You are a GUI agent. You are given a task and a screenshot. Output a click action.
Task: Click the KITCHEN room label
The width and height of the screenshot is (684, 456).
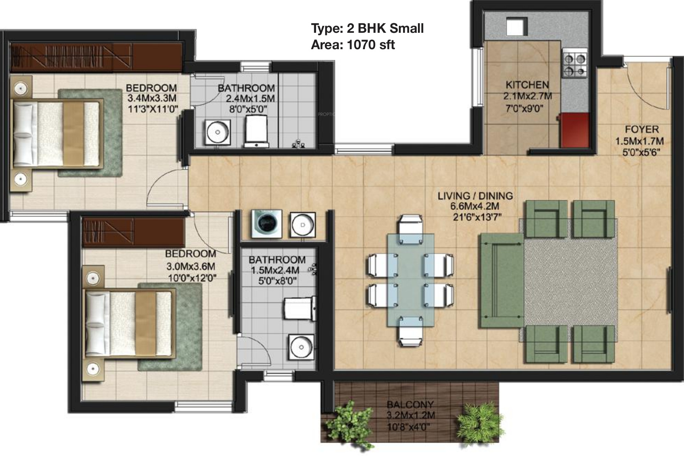click(x=527, y=85)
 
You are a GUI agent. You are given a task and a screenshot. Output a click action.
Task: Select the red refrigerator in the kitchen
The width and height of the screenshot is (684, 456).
click(x=575, y=130)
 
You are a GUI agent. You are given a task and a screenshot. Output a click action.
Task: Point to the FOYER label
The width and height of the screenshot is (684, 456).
click(x=642, y=129)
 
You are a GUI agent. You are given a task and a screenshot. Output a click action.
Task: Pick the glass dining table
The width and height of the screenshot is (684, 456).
click(x=410, y=280)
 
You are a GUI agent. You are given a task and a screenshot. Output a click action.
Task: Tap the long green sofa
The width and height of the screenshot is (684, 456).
click(x=502, y=280)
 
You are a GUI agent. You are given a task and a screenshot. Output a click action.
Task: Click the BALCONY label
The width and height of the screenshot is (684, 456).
click(x=410, y=404)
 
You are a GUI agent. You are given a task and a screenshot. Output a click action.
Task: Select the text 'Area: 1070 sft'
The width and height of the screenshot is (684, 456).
click(x=353, y=45)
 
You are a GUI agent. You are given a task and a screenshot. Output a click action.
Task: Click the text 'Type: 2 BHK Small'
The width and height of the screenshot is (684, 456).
click(x=367, y=28)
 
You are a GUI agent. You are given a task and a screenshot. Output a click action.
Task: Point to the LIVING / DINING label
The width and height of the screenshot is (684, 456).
click(x=475, y=196)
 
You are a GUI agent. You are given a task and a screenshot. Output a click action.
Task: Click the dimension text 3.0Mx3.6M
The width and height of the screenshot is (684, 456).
click(x=190, y=266)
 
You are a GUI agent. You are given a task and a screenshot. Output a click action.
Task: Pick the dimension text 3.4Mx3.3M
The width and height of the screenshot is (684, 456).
click(x=152, y=98)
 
